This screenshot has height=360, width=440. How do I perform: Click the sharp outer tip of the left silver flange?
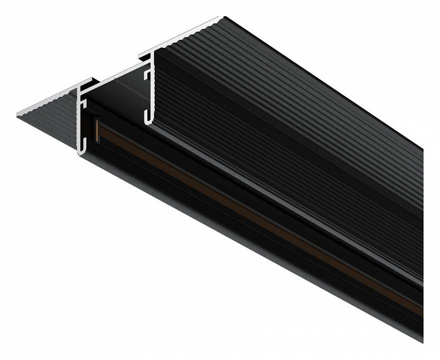pos(18,114)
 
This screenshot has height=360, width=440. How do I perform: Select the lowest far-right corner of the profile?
pos(423,341)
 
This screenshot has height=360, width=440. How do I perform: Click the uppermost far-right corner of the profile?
pos(423,148)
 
